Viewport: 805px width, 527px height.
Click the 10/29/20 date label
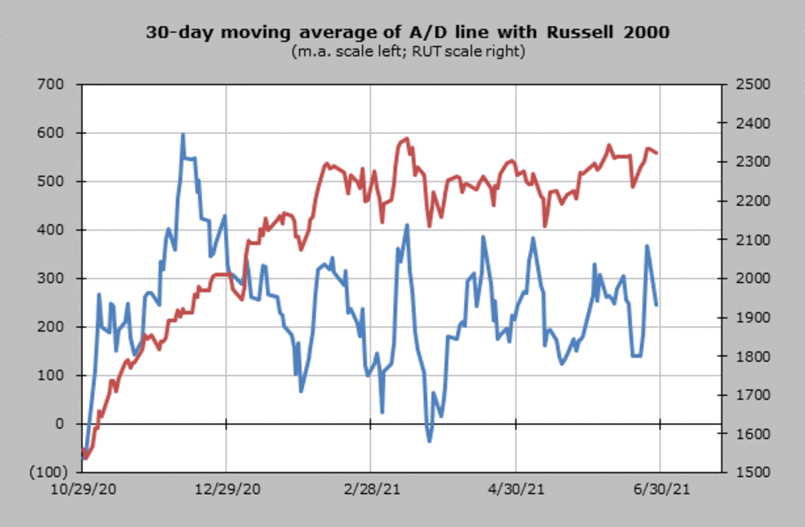coord(82,490)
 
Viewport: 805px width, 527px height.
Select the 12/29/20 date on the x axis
coord(227,490)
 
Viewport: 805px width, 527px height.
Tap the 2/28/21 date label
coord(371,490)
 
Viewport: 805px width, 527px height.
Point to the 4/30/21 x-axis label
coord(516,490)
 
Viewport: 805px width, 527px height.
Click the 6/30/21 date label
coord(660,490)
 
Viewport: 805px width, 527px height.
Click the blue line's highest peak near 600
coord(183,135)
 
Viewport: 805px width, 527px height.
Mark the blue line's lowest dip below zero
coord(429,441)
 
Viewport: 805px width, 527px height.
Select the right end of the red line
coord(657,154)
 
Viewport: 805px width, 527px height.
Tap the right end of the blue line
coord(657,305)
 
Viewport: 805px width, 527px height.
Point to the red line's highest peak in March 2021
coord(407,139)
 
